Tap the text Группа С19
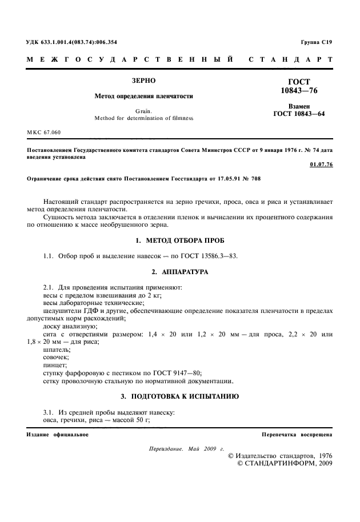point(316,43)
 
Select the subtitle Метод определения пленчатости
point(143,97)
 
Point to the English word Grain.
point(143,111)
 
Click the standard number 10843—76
point(299,91)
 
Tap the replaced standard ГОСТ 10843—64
point(299,114)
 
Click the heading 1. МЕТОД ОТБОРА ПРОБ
point(179,240)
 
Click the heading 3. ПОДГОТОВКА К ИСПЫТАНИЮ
point(179,395)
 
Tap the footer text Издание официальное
point(57,435)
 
